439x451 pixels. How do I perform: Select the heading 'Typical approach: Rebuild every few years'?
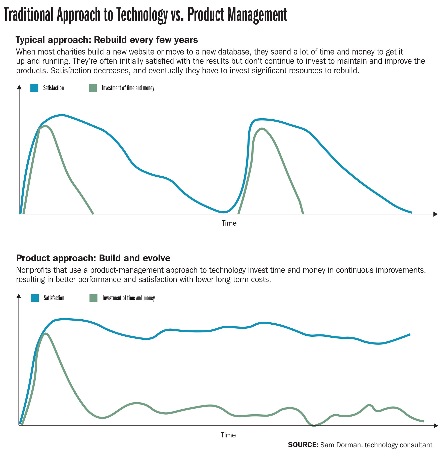[x=107, y=40]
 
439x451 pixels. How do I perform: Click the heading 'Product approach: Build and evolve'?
[x=93, y=258]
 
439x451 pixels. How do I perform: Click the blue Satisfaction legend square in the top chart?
[x=34, y=88]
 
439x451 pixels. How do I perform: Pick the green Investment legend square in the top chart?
[x=93, y=88]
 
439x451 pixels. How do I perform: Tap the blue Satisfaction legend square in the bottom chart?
[x=35, y=298]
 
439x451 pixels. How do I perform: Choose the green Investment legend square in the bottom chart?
[x=93, y=298]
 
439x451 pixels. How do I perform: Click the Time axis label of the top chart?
[x=229, y=223]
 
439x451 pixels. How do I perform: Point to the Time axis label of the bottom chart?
[x=228, y=435]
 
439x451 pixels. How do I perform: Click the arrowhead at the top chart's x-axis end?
[x=435, y=214]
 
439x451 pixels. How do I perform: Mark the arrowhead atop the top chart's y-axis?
[x=19, y=87]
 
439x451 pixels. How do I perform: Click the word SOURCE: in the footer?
[x=303, y=445]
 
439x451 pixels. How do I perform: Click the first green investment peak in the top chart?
[x=45, y=126]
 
